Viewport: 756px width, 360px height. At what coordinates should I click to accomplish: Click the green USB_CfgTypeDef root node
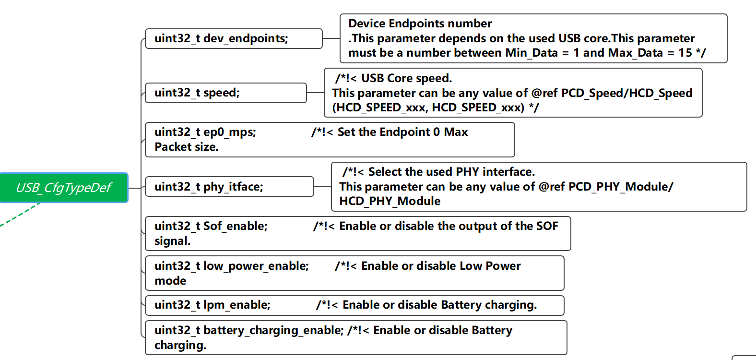(x=64, y=188)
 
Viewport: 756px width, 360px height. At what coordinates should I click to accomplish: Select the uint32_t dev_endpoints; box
(x=233, y=38)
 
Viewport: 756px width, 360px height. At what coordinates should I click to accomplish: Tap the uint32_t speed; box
(x=225, y=93)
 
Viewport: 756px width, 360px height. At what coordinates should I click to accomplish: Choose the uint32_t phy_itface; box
(x=229, y=187)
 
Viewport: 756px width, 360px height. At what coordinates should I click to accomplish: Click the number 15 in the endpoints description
(x=685, y=53)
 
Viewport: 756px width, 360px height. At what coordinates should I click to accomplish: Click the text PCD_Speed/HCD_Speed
(x=626, y=93)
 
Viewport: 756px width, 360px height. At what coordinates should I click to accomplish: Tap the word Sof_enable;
(x=236, y=226)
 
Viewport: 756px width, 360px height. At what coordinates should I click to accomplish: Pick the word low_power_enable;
(x=256, y=266)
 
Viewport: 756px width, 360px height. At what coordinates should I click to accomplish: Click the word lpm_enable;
(x=237, y=305)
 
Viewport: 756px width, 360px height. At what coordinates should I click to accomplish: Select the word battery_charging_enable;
(x=273, y=330)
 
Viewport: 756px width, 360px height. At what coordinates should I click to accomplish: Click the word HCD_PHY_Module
(x=390, y=201)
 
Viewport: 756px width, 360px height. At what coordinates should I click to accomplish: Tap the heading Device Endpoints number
(x=420, y=24)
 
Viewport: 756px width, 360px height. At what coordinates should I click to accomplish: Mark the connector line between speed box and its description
(x=315, y=93)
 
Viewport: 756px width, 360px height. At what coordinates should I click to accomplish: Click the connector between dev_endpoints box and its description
(x=331, y=38)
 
